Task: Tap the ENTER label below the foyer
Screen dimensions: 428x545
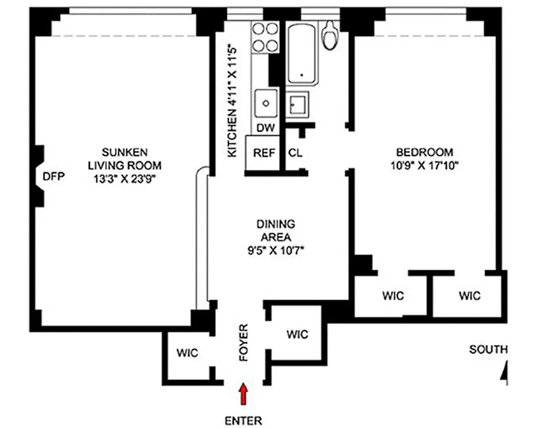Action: click(x=244, y=420)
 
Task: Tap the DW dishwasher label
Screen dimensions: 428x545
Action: click(x=265, y=128)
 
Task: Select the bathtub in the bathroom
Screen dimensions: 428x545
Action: click(x=303, y=53)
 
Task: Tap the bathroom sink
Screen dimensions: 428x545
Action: click(x=297, y=103)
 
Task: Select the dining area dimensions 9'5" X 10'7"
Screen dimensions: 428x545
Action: click(x=276, y=250)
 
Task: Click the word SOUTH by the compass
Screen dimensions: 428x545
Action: click(x=488, y=349)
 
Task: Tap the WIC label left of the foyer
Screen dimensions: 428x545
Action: click(x=188, y=353)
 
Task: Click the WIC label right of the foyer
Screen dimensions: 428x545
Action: click(x=297, y=335)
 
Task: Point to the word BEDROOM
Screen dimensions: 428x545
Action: click(x=424, y=152)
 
